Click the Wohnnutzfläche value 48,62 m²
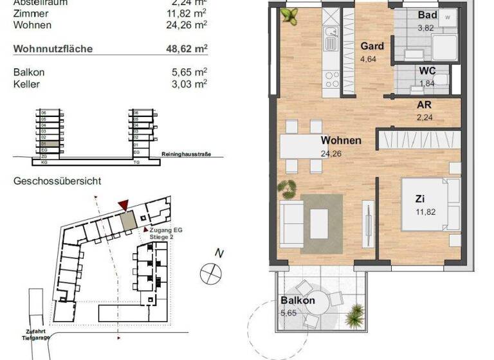(187, 48)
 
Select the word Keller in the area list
(26, 83)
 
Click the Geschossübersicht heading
(57, 181)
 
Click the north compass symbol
(210, 273)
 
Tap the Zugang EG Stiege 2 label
(161, 233)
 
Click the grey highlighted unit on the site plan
(129, 221)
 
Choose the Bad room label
(427, 15)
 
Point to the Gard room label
(372, 46)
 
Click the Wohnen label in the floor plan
(341, 140)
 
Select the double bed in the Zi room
(430, 206)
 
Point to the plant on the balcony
(354, 316)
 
